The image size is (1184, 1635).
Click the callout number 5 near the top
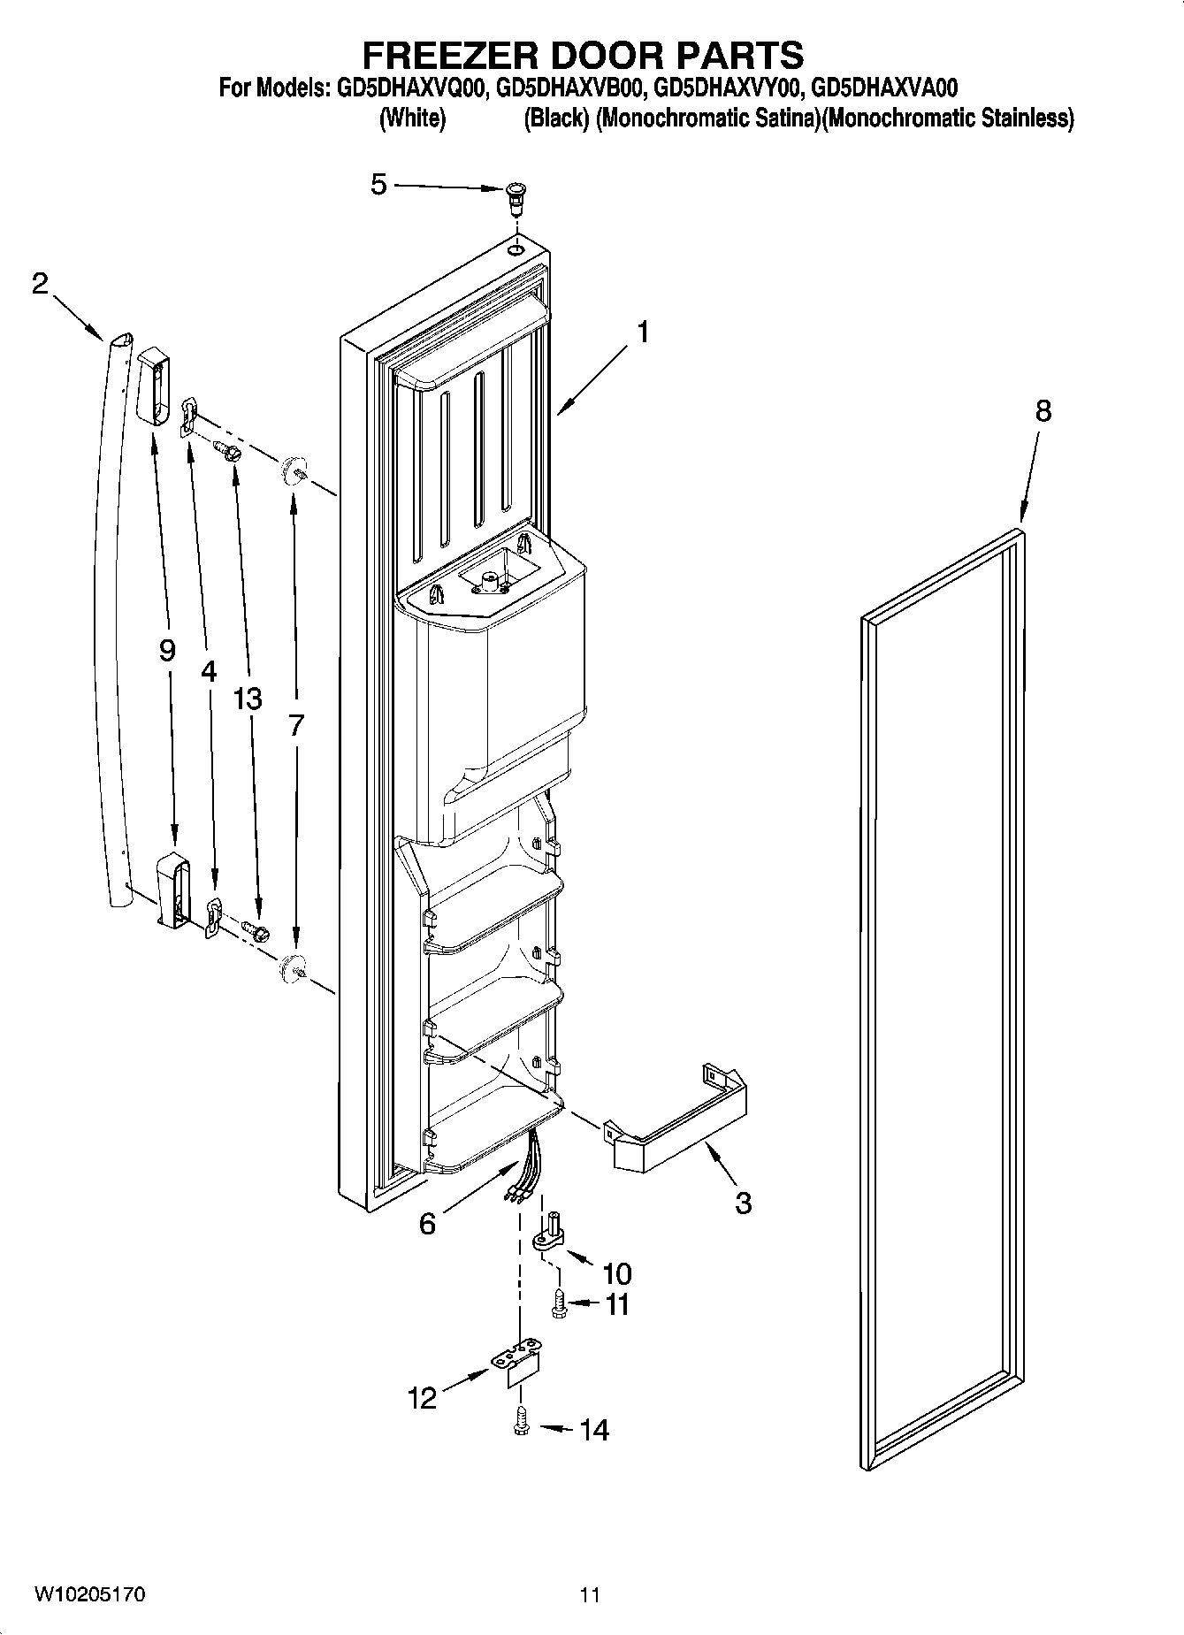(x=378, y=185)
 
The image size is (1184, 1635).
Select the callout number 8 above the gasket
(x=1043, y=410)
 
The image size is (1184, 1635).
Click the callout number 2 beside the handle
(x=40, y=284)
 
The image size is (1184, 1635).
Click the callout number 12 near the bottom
(x=422, y=1398)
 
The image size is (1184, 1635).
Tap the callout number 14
(x=594, y=1430)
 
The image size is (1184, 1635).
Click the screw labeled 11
(x=559, y=1304)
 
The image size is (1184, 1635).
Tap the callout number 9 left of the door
(x=167, y=651)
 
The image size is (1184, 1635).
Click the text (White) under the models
(x=412, y=118)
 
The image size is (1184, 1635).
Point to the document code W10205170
(x=89, y=1595)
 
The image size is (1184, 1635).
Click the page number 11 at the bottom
(x=590, y=1595)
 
